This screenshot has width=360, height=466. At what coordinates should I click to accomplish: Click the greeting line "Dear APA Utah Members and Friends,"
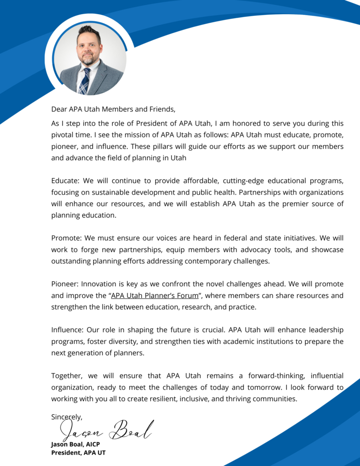pos(113,109)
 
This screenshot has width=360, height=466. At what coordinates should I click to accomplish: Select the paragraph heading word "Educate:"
pos(66,181)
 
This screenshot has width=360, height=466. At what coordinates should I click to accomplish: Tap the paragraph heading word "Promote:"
pos(66,238)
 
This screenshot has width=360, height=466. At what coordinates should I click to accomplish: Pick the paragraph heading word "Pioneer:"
pos(66,284)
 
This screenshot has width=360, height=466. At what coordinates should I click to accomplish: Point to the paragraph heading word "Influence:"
pos(68,329)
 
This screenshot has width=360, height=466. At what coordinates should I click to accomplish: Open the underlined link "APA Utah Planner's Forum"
pos(155,295)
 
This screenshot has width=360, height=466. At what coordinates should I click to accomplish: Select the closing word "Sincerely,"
pos(66,416)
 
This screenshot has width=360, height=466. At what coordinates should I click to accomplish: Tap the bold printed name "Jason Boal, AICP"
pos(75,444)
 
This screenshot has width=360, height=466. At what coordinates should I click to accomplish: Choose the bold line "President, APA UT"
pos(78,452)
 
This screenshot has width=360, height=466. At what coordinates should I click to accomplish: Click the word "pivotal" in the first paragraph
pos(63,135)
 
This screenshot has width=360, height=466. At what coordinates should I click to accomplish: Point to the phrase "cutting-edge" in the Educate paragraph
pos(221,181)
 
